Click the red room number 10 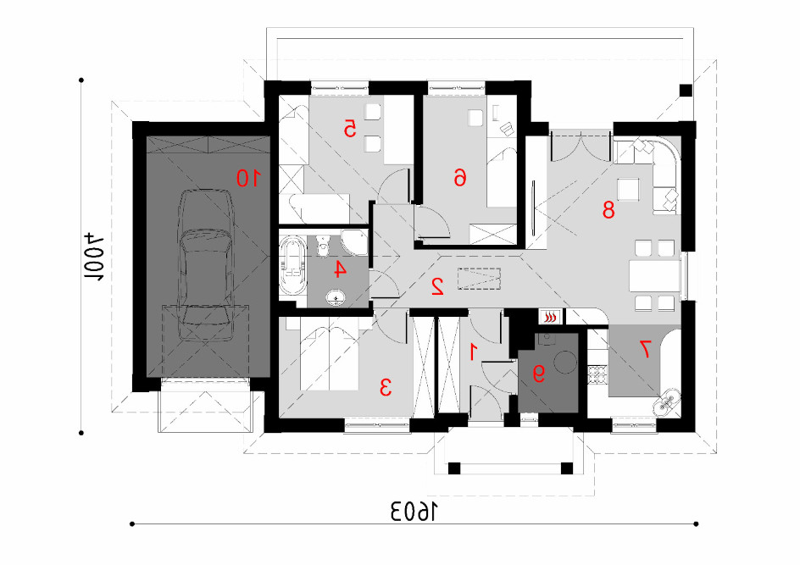248,178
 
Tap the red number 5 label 349,129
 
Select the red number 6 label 460,177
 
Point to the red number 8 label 608,209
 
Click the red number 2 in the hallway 437,286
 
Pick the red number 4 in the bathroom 340,269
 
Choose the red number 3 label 386,388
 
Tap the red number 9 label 539,374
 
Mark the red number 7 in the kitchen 646,349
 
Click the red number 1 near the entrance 474,352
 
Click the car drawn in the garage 206,265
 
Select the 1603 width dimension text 414,512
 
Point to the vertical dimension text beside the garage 93,258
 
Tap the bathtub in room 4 292,266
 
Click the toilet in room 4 322,246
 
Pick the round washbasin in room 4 336,296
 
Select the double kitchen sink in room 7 667,401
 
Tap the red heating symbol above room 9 549,317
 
